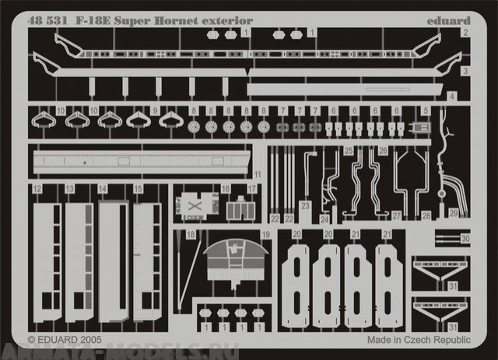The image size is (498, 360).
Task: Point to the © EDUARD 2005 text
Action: click(x=65, y=340)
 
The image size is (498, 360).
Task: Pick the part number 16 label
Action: click(x=225, y=189)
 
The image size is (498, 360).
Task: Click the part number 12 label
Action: click(x=37, y=189)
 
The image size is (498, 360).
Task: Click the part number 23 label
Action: click(x=306, y=205)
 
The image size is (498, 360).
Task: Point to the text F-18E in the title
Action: click(x=93, y=14)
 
